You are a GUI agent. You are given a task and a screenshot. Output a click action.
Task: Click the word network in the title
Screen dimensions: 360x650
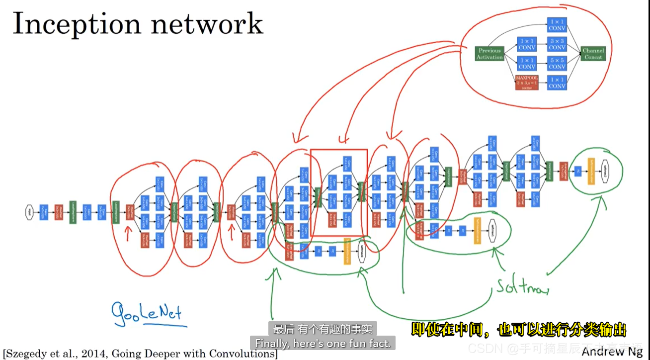pyautogui.click(x=213, y=23)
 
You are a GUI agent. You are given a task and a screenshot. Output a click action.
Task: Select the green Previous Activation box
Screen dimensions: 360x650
pyautogui.click(x=489, y=54)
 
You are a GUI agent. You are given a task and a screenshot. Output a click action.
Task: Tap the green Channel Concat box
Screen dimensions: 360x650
pyautogui.click(x=593, y=54)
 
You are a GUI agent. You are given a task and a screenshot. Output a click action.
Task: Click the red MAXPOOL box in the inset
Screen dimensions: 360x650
pyautogui.click(x=527, y=83)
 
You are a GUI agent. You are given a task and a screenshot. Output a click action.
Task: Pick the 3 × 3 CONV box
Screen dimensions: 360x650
pyautogui.click(x=557, y=44)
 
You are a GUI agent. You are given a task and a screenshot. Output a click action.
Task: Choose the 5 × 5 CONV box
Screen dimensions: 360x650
pyautogui.click(x=557, y=63)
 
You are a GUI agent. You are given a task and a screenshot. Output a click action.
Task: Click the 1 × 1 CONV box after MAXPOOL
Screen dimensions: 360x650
pyautogui.click(x=557, y=83)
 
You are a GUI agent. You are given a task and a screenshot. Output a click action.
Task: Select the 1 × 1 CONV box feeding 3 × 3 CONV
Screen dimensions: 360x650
pyautogui.click(x=527, y=44)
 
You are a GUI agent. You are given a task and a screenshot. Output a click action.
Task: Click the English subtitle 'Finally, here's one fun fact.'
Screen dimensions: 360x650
pyautogui.click(x=323, y=343)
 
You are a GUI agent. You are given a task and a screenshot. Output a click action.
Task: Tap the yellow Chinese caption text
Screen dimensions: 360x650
pyautogui.click(x=518, y=329)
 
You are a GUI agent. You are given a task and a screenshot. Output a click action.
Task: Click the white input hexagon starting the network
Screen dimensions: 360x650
pyautogui.click(x=30, y=212)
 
